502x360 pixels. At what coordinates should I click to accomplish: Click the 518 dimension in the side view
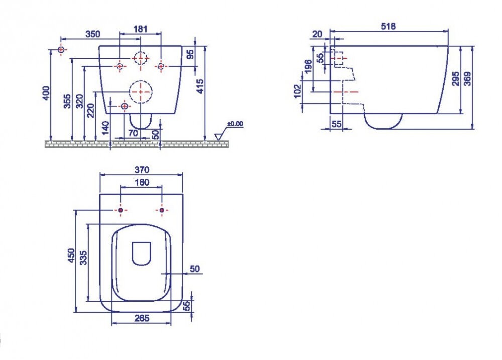pos(388,26)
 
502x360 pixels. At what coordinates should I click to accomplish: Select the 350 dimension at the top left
pos(93,34)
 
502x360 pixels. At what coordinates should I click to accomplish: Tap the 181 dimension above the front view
pos(140,29)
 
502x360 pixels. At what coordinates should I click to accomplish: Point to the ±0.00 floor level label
pos(235,124)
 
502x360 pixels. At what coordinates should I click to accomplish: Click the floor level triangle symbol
pos(218,137)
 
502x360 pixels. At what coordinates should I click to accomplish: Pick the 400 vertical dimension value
pos(46,93)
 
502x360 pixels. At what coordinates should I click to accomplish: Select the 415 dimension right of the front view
pos(200,86)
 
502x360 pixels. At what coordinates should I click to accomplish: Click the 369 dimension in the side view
pos(467,79)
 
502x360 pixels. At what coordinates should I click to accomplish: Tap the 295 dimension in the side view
pos(456,79)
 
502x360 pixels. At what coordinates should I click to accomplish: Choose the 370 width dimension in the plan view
pos(142,169)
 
